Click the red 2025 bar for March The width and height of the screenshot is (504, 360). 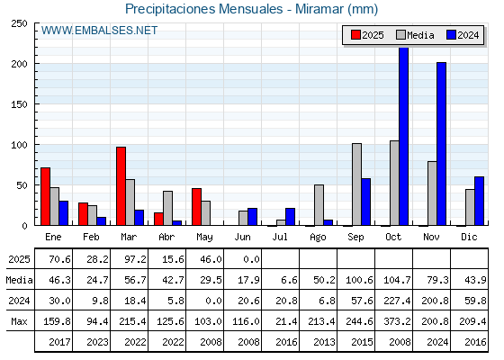[121, 186]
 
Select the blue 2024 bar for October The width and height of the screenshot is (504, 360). [404, 136]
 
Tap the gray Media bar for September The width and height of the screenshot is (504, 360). [356, 184]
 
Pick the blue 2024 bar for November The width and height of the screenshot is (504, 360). [441, 144]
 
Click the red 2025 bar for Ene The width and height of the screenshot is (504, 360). [46, 196]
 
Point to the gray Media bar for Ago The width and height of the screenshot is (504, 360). [319, 205]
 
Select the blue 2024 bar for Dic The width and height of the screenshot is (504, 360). [479, 201]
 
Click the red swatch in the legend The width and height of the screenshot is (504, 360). [355, 35]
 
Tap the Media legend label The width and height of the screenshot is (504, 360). [420, 35]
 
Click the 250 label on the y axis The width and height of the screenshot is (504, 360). [19, 23]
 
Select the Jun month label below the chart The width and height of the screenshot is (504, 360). [242, 237]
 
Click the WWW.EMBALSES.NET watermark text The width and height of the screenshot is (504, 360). [99, 31]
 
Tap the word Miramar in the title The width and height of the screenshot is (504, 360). [319, 9]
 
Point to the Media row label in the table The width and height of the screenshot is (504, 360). [19, 280]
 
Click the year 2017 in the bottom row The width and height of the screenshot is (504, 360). [59, 342]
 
